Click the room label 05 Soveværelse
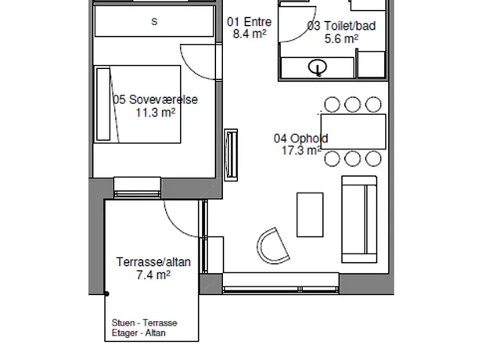(x=155, y=99)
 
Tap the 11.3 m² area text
(x=156, y=113)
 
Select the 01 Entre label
(x=249, y=22)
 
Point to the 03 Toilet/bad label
(x=341, y=26)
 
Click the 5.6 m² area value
(x=341, y=39)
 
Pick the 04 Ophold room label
(x=300, y=139)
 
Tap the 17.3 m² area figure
(x=301, y=150)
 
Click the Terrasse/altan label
(x=153, y=262)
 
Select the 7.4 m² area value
(x=153, y=275)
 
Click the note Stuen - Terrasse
(x=145, y=323)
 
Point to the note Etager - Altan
(x=138, y=333)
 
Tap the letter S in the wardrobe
(x=154, y=22)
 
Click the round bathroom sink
(x=318, y=67)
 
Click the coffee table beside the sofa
(x=310, y=215)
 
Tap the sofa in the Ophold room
(x=359, y=219)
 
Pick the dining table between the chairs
(x=354, y=131)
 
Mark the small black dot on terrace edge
(x=106, y=293)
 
